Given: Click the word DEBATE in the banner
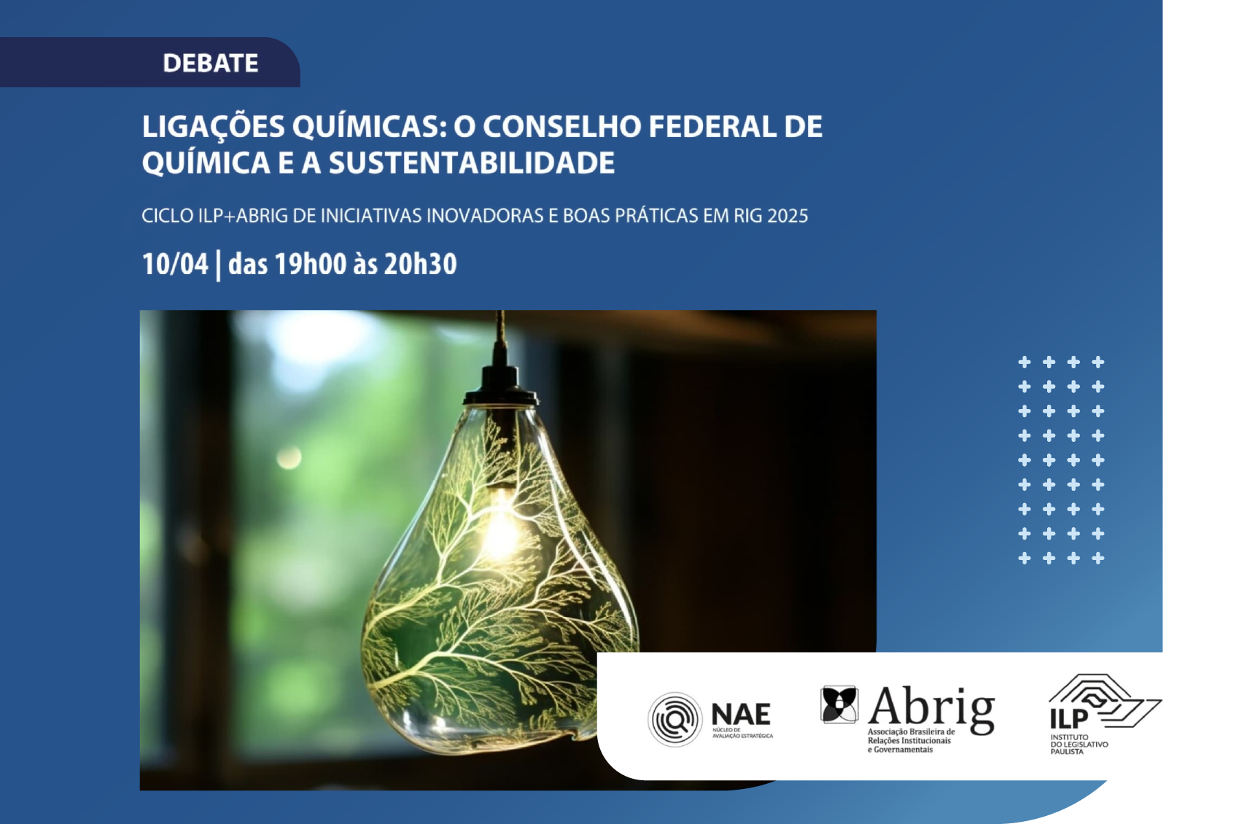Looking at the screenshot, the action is pos(210,63).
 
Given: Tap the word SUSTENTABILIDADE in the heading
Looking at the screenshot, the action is pos(472,163).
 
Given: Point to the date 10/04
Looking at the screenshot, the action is pos(175,264).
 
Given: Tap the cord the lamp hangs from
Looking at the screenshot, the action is pos(500,337).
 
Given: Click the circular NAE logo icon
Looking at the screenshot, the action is pos(675,719).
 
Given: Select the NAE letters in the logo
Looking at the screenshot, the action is pos(740,714).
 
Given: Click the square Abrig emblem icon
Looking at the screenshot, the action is pos(839,704).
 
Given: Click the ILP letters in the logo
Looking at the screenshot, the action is pos(1068,718).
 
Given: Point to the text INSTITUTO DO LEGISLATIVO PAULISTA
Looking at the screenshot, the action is pos(1078,745).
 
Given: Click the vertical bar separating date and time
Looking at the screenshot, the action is pos(219,265).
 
